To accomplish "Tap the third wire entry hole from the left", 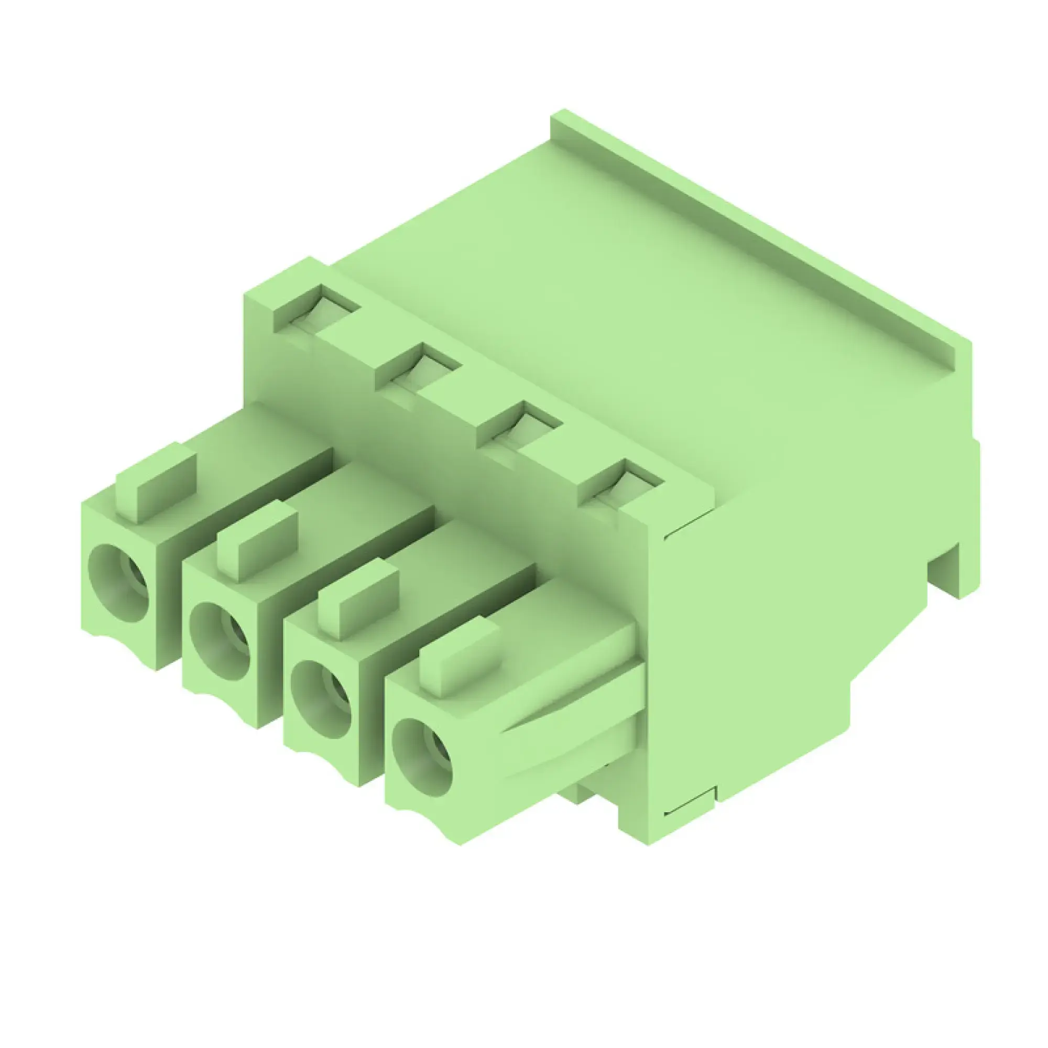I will tap(321, 699).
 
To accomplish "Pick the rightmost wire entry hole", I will tap(422, 757).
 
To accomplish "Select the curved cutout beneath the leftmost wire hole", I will tap(114, 640).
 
